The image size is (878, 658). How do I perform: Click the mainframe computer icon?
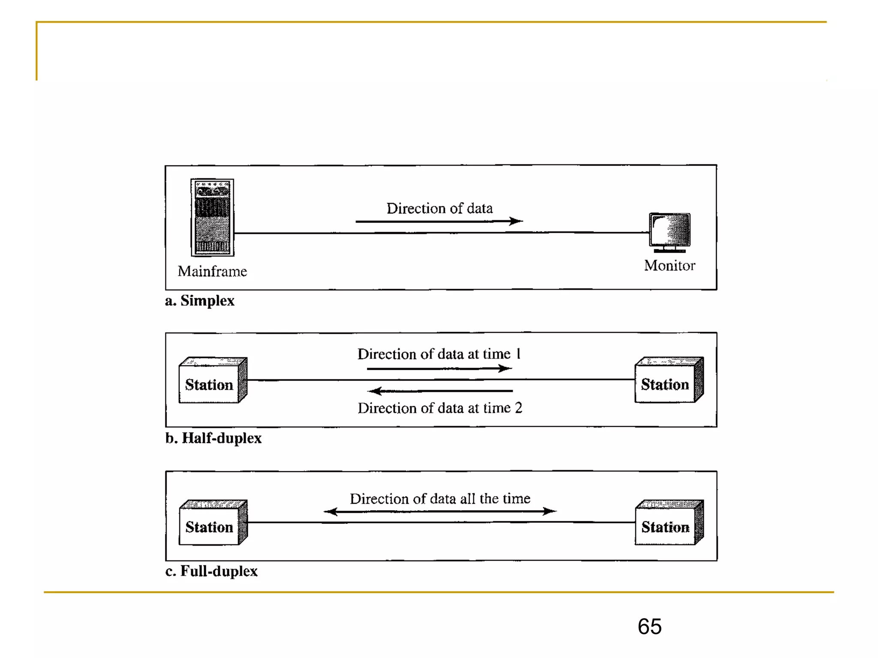[x=212, y=217]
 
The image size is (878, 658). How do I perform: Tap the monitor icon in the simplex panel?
[x=670, y=231]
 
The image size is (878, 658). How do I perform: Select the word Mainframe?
[x=212, y=271]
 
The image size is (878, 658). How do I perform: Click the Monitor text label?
[x=670, y=266]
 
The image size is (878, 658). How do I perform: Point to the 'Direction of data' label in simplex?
[x=439, y=208]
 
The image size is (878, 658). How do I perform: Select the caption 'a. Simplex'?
[x=200, y=301]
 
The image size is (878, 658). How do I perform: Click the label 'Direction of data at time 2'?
[x=440, y=408]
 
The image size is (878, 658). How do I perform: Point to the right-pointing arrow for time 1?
[x=439, y=368]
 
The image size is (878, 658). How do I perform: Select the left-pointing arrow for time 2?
[x=440, y=391]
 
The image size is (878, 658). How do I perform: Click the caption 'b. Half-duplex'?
[x=213, y=438]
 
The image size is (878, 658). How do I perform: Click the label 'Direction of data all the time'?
[x=440, y=499]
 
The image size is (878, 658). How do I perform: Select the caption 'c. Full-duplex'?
[x=211, y=571]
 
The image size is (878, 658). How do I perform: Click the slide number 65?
[x=649, y=627]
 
